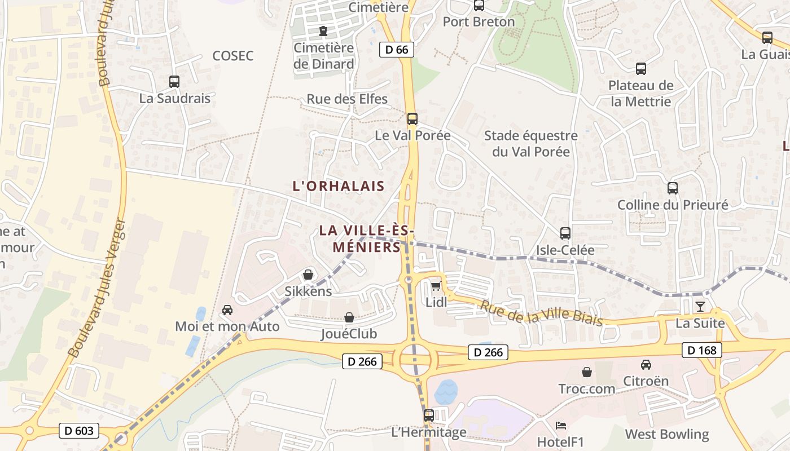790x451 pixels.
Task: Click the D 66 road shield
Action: coord(396,50)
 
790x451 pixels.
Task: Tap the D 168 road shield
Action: coord(702,350)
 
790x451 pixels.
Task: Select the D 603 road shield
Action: coord(79,431)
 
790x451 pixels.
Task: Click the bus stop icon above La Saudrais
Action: coord(174,82)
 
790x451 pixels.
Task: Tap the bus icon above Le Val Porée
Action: coord(412,119)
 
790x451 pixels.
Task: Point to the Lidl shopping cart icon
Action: coord(436,286)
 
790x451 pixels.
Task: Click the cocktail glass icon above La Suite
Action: coord(700,306)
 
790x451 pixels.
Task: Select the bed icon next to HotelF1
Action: coord(560,425)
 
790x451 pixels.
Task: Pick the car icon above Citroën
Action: coord(646,365)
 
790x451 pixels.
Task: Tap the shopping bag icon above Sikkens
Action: coord(308,275)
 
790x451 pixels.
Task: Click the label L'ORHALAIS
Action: coord(339,186)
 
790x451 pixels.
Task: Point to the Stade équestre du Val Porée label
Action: coord(531,144)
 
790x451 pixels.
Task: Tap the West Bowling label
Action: coord(667,434)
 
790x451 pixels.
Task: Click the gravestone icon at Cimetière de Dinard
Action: coord(323,30)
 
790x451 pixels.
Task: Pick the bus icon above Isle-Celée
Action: coord(565,233)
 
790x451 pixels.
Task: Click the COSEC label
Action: coord(233,56)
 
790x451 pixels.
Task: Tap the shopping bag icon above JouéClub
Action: coord(349,317)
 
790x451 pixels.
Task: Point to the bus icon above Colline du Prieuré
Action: coord(672,188)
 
